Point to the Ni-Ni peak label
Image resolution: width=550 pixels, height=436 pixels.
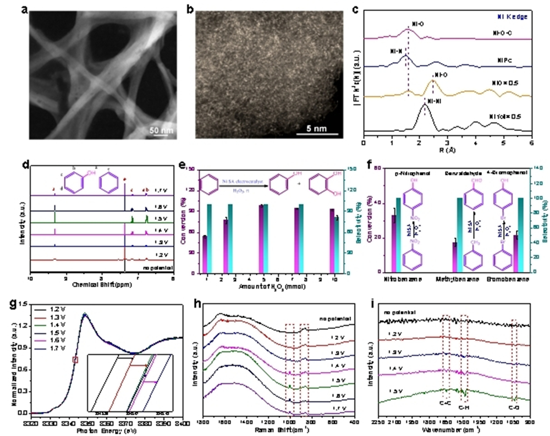432,101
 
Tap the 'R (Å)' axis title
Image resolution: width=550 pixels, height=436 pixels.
447,149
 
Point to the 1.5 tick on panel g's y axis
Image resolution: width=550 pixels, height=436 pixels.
23,304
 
